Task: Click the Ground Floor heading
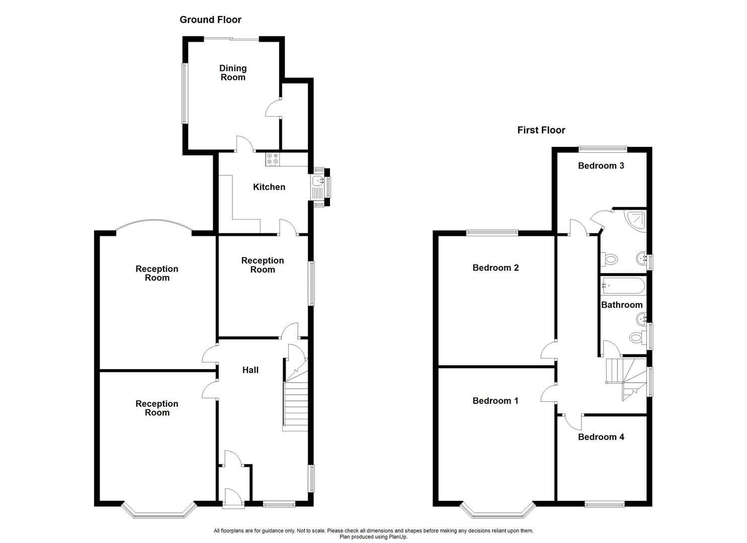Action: [210, 20]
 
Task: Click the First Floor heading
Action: [541, 130]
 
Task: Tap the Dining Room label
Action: [233, 72]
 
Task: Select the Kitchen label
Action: [269, 187]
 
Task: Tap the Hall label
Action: [250, 370]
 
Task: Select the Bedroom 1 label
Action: [495, 401]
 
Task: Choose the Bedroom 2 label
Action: [495, 268]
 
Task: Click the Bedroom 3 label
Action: [601, 165]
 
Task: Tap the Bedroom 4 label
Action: [601, 437]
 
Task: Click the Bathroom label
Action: [622, 305]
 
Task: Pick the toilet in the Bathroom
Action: [637, 337]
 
